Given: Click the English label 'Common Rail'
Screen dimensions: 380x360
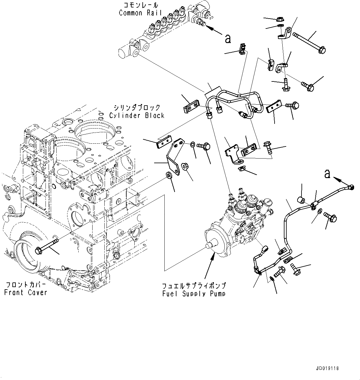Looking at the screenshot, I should [135, 13].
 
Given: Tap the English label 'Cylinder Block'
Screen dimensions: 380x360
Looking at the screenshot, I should [137, 115].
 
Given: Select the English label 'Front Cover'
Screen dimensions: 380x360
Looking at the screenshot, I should [26, 292].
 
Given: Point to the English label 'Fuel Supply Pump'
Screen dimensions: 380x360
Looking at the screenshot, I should [194, 293].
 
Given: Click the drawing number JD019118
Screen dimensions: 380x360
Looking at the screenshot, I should [327, 369].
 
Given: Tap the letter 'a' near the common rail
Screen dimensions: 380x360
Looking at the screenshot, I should [228, 39].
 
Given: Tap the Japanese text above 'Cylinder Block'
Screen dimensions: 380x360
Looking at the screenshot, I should [137, 108].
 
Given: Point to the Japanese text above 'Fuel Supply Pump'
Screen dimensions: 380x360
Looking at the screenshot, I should [194, 286].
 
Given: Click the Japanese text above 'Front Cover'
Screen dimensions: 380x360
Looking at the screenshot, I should [26, 285].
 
